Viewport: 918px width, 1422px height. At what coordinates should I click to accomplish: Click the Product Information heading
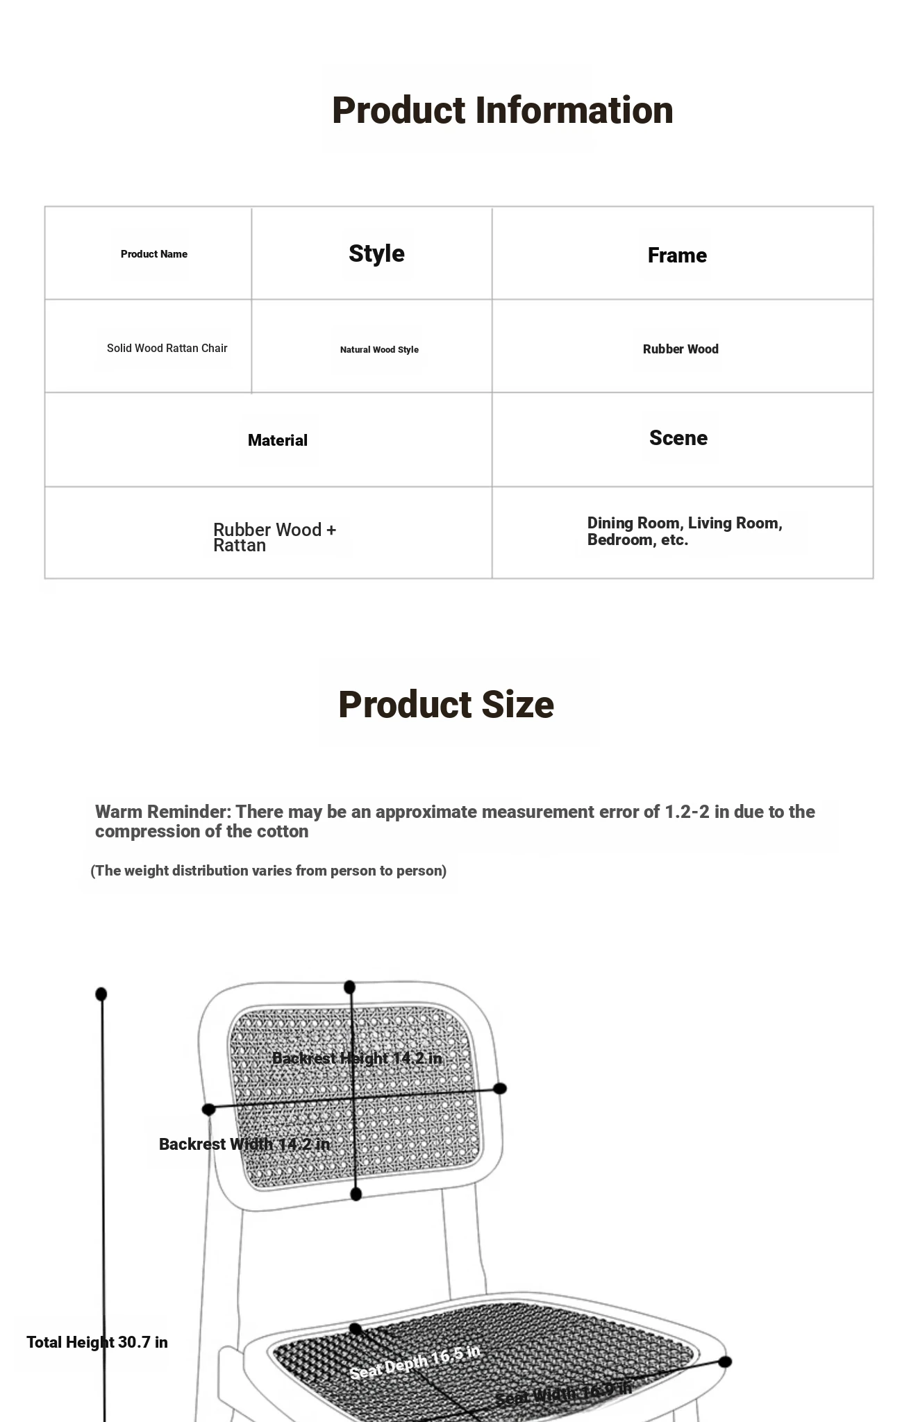point(502,110)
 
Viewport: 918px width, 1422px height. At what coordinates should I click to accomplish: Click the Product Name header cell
point(153,254)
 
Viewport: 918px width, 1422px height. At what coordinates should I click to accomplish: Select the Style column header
point(376,253)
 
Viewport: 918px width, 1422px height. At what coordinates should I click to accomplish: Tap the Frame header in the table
point(677,256)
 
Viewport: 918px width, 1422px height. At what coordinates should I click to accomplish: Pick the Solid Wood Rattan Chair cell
point(167,348)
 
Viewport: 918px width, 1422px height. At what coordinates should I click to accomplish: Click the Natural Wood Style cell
point(379,350)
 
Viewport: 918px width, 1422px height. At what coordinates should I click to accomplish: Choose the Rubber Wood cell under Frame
point(681,349)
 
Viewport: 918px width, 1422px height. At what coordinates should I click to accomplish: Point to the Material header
point(277,440)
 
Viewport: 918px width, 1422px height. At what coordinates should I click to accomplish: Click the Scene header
point(678,438)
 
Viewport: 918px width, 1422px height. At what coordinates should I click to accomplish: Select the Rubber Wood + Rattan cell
point(274,537)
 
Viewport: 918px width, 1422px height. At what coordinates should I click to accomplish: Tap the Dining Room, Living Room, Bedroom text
point(684,531)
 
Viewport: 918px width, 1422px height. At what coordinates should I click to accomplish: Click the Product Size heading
point(446,705)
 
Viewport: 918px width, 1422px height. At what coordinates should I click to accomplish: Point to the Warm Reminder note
point(455,821)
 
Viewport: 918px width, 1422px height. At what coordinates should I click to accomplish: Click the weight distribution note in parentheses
point(268,871)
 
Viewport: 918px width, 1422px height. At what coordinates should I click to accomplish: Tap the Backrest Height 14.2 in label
point(357,1058)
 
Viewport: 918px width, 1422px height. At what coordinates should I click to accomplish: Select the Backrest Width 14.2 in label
point(244,1144)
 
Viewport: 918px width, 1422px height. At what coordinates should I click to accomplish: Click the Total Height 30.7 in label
point(97,1342)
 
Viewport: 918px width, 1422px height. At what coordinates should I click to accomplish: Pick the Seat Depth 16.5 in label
point(415,1362)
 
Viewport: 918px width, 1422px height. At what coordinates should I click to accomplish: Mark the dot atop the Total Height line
point(101,994)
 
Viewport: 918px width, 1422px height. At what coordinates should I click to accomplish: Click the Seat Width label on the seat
point(563,1393)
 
